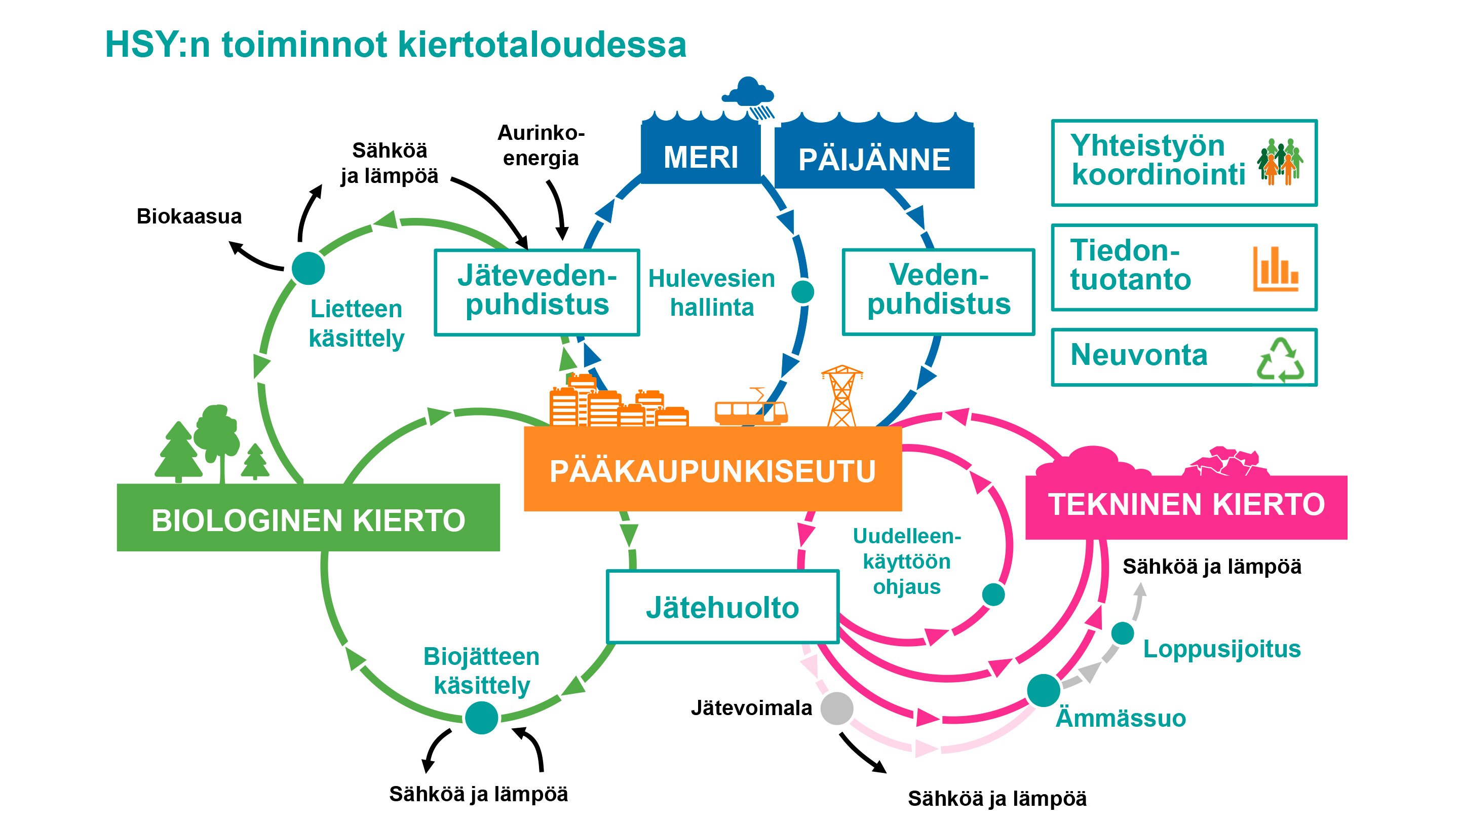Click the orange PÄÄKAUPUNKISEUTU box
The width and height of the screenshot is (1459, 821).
(x=712, y=470)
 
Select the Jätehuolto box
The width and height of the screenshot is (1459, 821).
(x=722, y=607)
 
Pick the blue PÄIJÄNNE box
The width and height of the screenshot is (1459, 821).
(x=874, y=159)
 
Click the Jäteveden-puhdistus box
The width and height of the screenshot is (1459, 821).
(x=536, y=292)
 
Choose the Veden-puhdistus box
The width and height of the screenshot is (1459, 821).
(x=939, y=291)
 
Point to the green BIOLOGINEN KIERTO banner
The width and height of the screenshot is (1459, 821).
(x=308, y=518)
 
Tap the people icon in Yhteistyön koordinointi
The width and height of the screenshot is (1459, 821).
(x=1280, y=162)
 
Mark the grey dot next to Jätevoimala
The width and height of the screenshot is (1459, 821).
(x=837, y=707)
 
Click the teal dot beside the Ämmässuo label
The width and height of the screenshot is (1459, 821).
(x=1043, y=690)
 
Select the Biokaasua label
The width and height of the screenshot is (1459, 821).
(x=189, y=216)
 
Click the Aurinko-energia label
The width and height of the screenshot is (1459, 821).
(x=541, y=145)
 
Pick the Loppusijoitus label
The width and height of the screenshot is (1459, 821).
(x=1222, y=649)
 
